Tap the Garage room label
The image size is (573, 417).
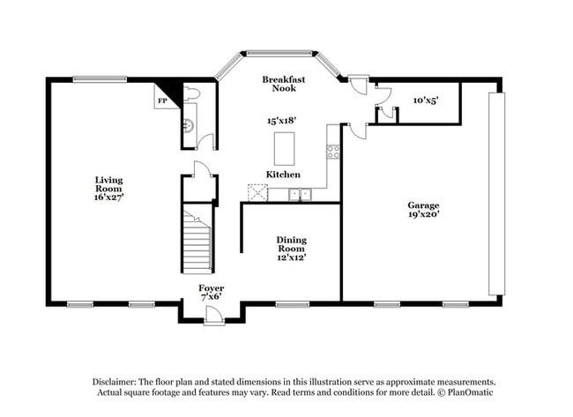pos(423,209)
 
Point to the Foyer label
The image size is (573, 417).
pos(211,293)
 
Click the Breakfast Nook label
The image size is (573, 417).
pos(284,84)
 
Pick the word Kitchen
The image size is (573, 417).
pos(283,175)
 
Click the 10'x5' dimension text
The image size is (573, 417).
pos(425,101)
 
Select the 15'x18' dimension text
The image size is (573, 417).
pos(282,121)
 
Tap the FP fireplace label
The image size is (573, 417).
pos(162,101)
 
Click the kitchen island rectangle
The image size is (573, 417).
pos(284,145)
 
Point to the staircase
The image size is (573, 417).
pos(197,240)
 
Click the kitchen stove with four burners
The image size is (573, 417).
pos(333,151)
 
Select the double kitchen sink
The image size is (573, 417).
pos(301,194)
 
